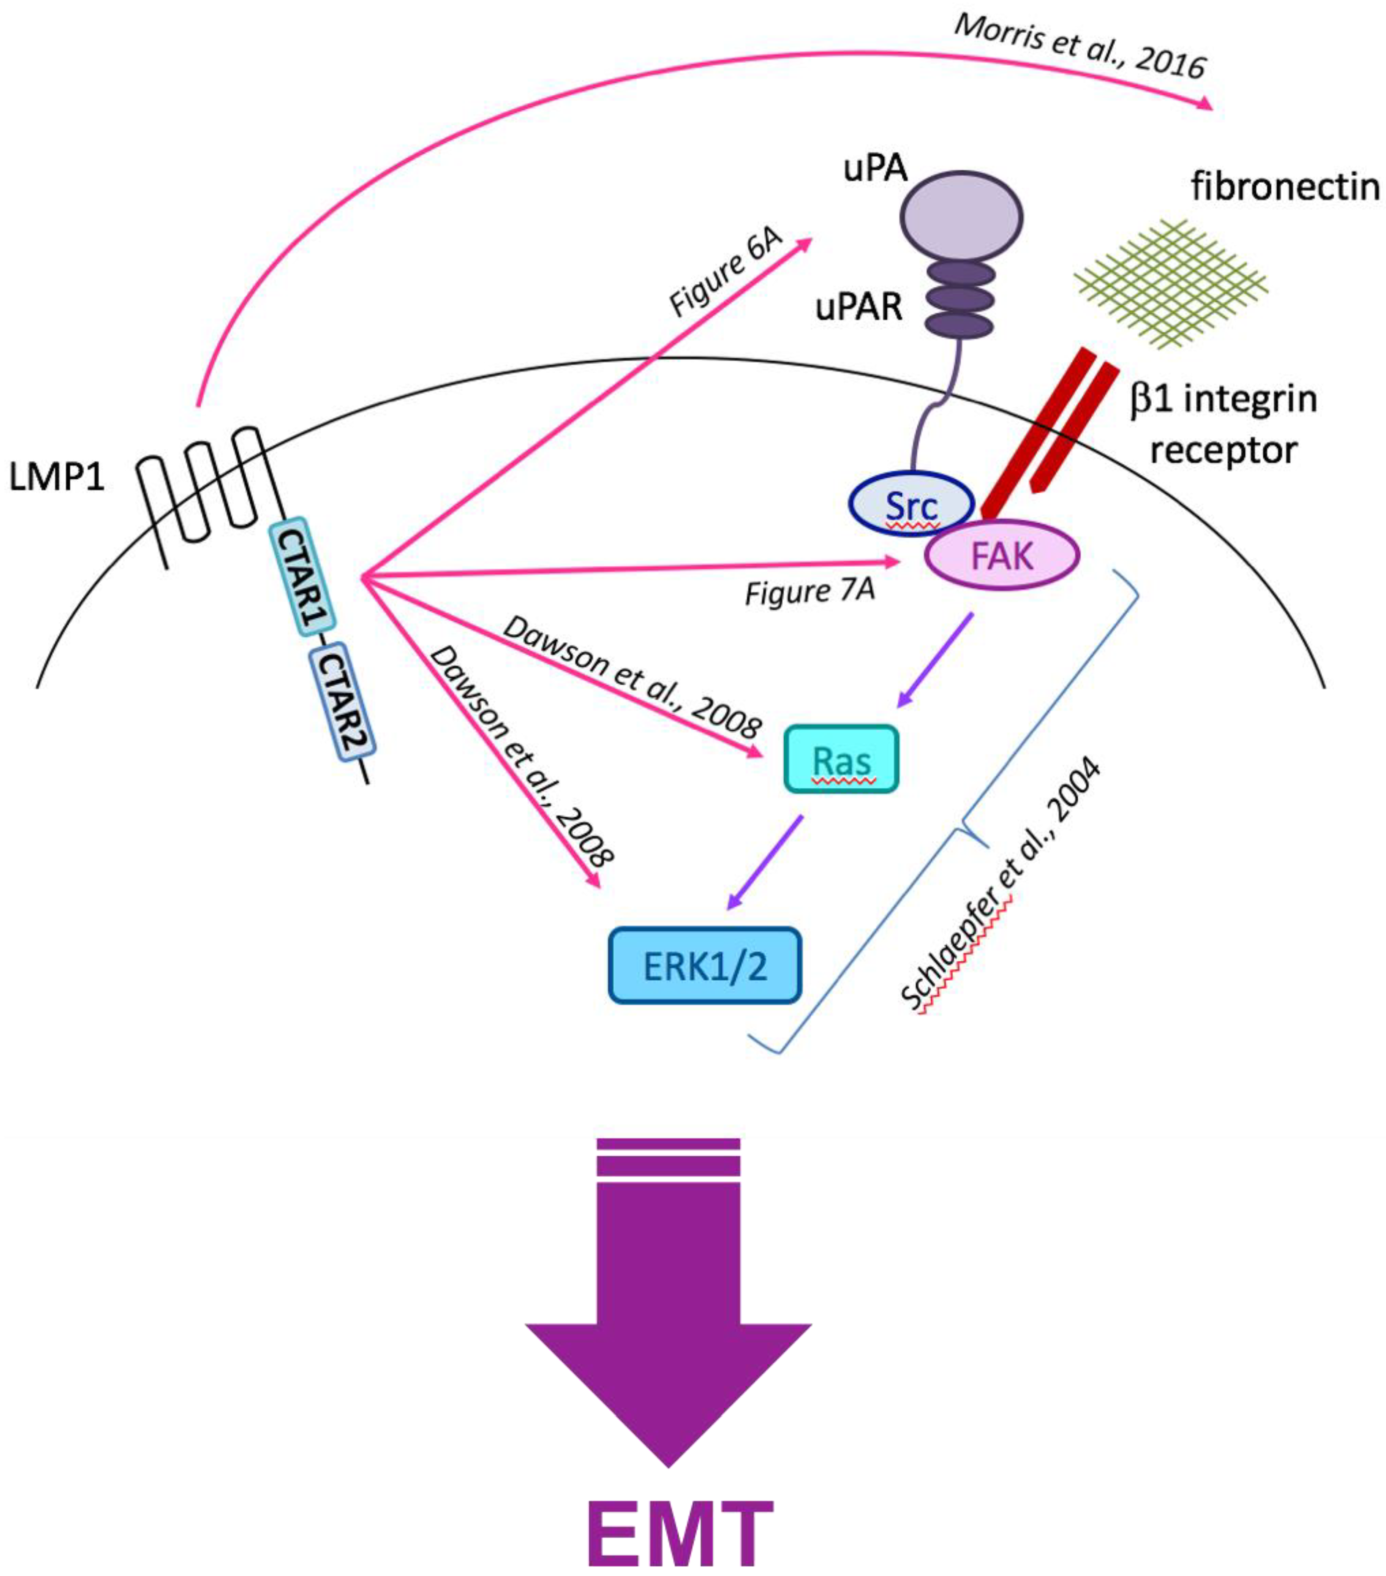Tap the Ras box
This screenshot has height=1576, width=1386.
pos(841,760)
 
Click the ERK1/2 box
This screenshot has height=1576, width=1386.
pos(705,965)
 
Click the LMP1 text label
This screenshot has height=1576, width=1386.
pos(56,479)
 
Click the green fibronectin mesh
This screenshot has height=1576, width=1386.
pos(1171,282)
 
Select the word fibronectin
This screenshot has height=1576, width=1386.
pos(1284,187)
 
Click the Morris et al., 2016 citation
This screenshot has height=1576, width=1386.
pos(1080,46)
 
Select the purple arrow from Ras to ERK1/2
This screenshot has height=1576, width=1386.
pos(765,862)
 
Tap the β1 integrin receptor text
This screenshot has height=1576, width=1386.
pos(1222,424)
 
